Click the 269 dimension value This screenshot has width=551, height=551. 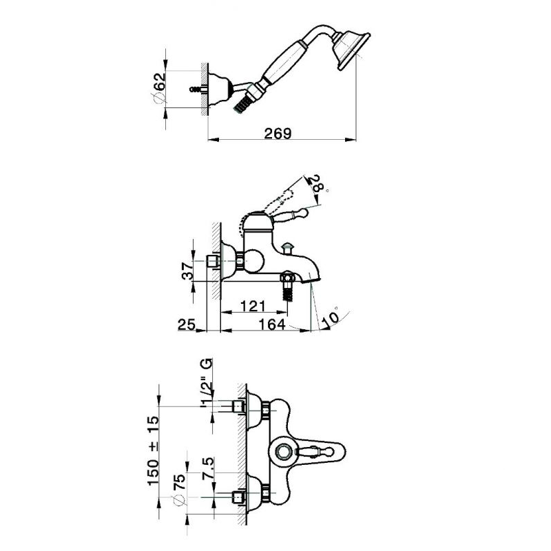click(x=278, y=134)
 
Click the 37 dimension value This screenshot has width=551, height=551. click(x=188, y=271)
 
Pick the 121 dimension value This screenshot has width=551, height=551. click(x=253, y=306)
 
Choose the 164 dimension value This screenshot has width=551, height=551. click(x=272, y=324)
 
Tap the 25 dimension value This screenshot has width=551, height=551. click(x=187, y=324)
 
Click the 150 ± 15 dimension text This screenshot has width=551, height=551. click(x=153, y=451)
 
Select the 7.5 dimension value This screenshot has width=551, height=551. click(x=207, y=469)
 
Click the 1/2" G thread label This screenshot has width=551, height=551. click(x=207, y=383)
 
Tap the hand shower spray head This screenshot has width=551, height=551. click(x=351, y=50)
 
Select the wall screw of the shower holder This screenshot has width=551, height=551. click(x=197, y=89)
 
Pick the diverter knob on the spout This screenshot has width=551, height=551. click(x=289, y=247)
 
